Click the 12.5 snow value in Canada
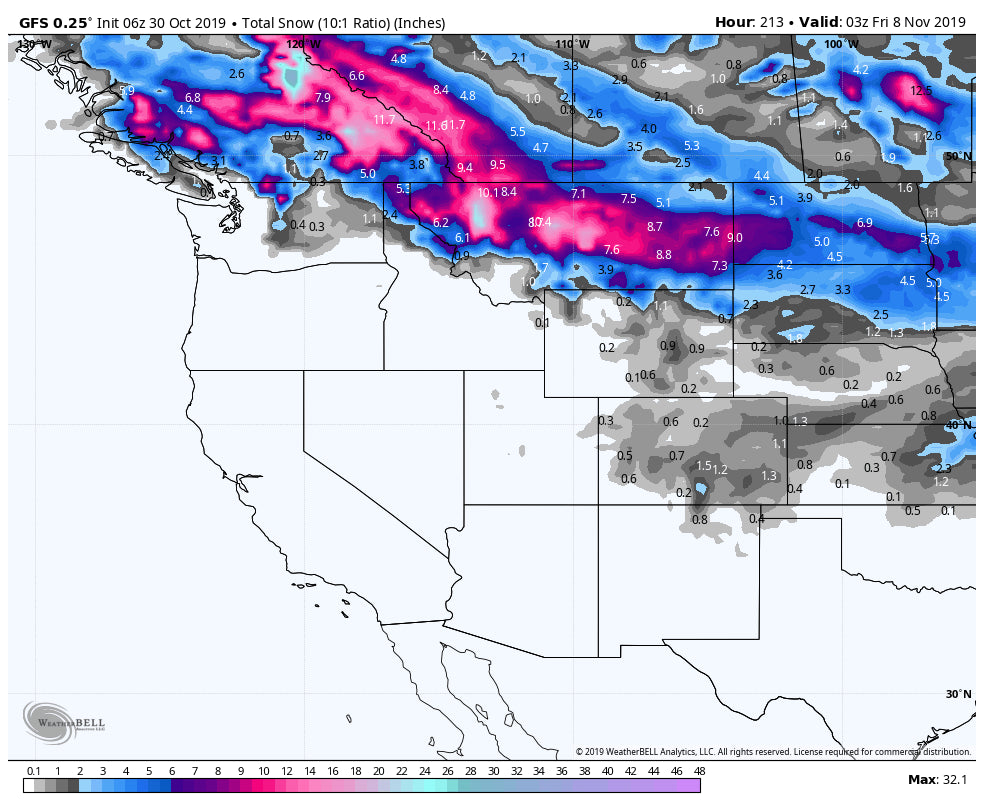(x=921, y=91)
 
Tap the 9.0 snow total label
(x=735, y=238)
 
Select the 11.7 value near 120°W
(x=384, y=120)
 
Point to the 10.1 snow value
(x=487, y=193)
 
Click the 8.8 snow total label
(x=663, y=255)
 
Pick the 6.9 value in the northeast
(x=865, y=222)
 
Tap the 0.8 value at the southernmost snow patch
(x=700, y=519)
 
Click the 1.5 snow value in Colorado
(x=703, y=466)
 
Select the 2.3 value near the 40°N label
(x=942, y=468)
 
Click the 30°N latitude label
(x=958, y=694)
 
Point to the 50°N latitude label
(x=958, y=156)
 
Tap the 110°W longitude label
(x=572, y=45)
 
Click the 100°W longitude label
(x=841, y=45)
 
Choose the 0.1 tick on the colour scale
(x=34, y=771)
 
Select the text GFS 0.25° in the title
(x=55, y=22)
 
